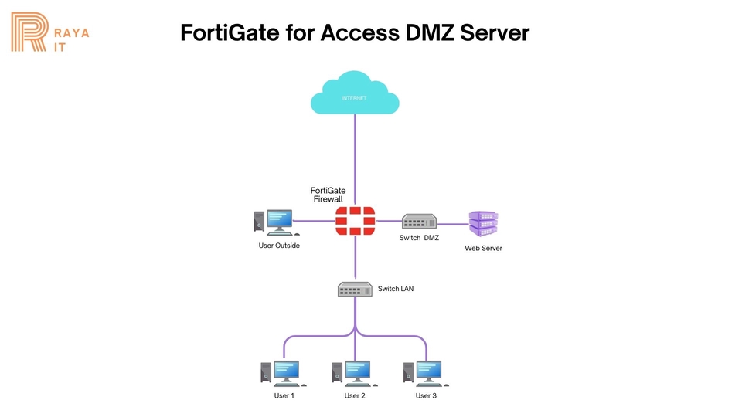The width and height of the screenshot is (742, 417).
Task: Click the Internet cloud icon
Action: pyautogui.click(x=354, y=94)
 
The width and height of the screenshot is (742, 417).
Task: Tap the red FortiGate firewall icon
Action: pyautogui.click(x=355, y=221)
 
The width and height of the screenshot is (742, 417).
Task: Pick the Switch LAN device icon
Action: pyautogui.click(x=355, y=289)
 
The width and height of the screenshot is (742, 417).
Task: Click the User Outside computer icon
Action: pyautogui.click(x=274, y=222)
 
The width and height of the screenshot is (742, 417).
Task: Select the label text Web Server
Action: pyautogui.click(x=483, y=249)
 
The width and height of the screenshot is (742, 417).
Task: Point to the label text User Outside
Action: pyautogui.click(x=279, y=246)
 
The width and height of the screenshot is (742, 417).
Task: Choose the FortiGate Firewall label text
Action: pyautogui.click(x=328, y=195)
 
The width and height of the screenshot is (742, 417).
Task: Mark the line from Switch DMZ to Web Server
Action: pyautogui.click(x=454, y=224)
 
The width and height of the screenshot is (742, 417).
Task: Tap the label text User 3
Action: pyautogui.click(x=426, y=396)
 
